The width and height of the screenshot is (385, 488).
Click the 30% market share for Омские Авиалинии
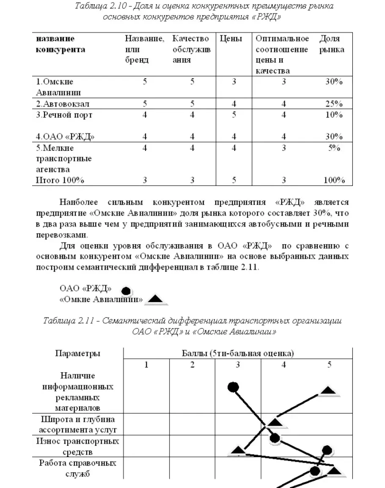tap(334, 82)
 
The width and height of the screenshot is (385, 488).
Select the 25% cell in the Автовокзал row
tap(334, 104)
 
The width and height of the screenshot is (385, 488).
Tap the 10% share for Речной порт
tap(334, 115)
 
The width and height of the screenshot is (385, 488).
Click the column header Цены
tap(231, 39)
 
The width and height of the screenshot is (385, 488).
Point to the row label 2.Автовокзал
tap(63, 104)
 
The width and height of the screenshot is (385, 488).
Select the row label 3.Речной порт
tap(64, 115)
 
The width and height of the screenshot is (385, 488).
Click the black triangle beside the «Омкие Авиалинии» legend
tap(155, 300)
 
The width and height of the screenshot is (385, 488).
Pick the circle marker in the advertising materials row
tap(233, 386)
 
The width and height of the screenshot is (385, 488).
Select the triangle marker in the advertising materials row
tap(328, 390)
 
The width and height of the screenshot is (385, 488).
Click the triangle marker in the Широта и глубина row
tap(275, 422)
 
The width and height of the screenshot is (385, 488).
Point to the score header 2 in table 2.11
tap(192, 365)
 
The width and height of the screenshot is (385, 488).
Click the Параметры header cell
tap(78, 354)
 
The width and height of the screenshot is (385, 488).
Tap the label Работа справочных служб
tap(77, 468)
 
